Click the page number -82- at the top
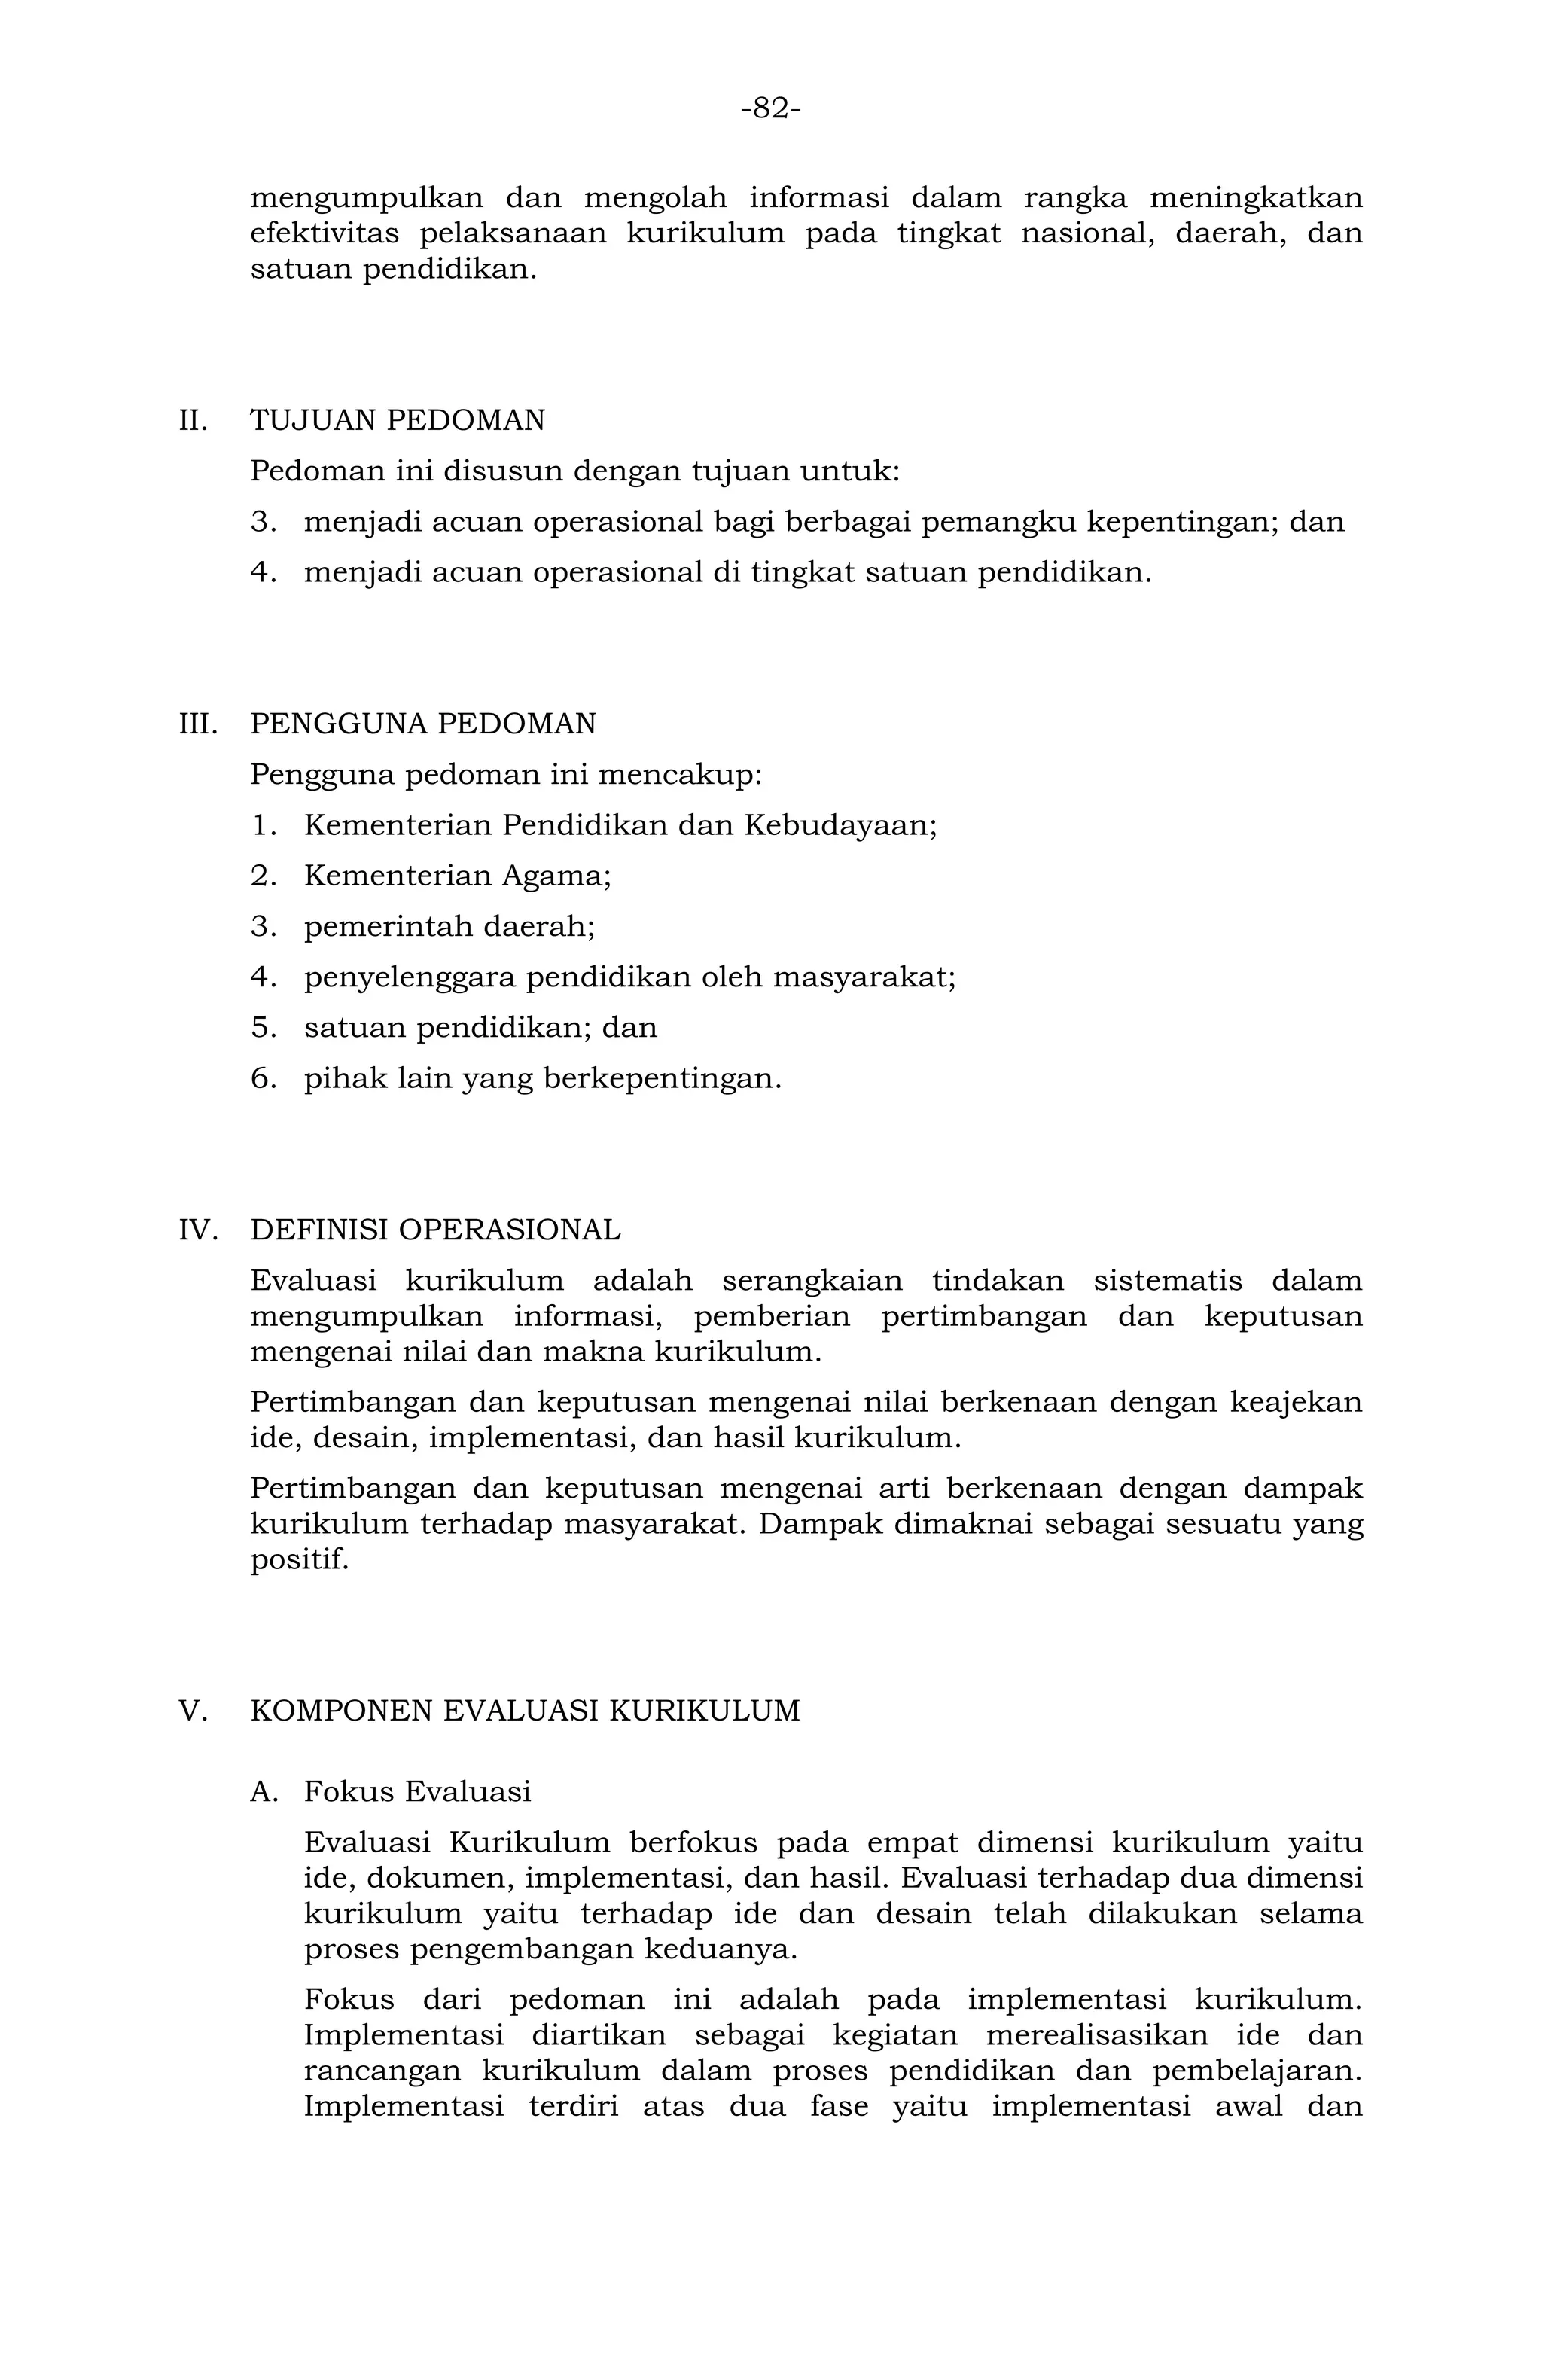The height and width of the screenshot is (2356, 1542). point(770,108)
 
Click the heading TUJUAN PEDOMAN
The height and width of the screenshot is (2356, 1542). point(397,421)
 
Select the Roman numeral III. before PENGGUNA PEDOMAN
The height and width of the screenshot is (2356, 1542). point(197,724)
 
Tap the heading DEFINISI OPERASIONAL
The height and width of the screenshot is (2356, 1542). point(435,1230)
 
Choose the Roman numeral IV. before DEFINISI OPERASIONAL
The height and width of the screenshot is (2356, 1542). point(197,1230)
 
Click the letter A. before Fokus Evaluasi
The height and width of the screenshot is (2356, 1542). point(264,1792)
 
